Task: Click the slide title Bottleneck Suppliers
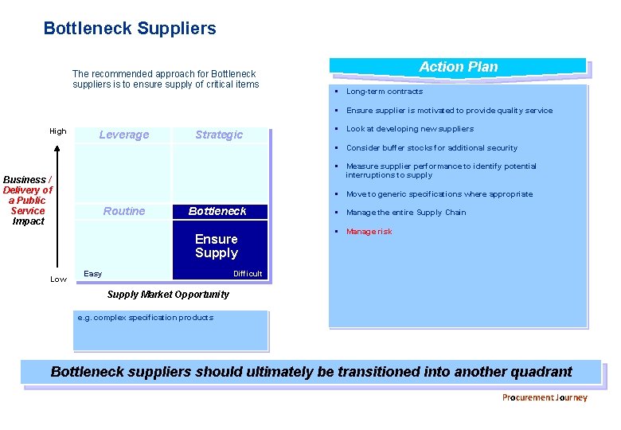tap(130, 29)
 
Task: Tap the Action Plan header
tap(458, 67)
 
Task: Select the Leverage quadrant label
tap(123, 135)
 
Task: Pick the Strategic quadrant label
tap(219, 135)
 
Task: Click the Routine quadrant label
tap(124, 211)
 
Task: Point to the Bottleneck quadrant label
tap(217, 211)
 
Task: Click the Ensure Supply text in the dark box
tap(217, 246)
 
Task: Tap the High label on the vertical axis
tap(58, 131)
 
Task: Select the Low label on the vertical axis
tap(58, 279)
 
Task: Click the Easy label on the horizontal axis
tap(93, 274)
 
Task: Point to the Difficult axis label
tap(248, 274)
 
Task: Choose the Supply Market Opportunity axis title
tap(168, 295)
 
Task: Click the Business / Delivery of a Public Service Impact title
tap(28, 201)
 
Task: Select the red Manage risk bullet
tap(369, 232)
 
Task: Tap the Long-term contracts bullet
tap(384, 92)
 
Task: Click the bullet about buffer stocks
tap(432, 148)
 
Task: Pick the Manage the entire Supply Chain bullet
tap(406, 213)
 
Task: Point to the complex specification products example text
tap(146, 318)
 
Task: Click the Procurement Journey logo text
tap(545, 397)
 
